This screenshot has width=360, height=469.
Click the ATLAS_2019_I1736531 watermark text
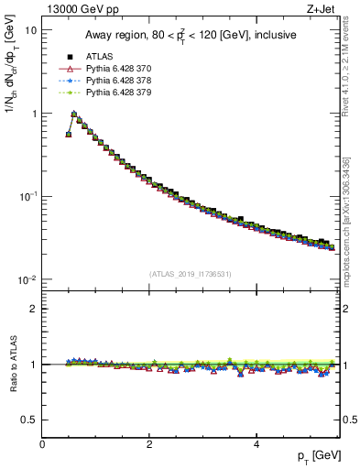tap(190, 273)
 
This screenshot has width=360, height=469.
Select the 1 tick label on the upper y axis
tap(34, 114)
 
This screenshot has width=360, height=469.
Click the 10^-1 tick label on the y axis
tap(28, 196)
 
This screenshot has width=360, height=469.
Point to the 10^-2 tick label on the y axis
tap(28, 279)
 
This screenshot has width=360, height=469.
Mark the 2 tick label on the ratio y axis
tap(34, 309)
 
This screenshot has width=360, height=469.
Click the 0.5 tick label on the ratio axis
tap(29, 420)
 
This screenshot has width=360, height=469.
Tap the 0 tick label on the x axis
tap(42, 445)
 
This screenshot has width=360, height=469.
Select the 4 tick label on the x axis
tap(256, 445)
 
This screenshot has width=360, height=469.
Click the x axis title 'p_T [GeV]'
tap(315, 456)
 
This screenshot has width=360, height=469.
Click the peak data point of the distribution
tap(74, 115)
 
